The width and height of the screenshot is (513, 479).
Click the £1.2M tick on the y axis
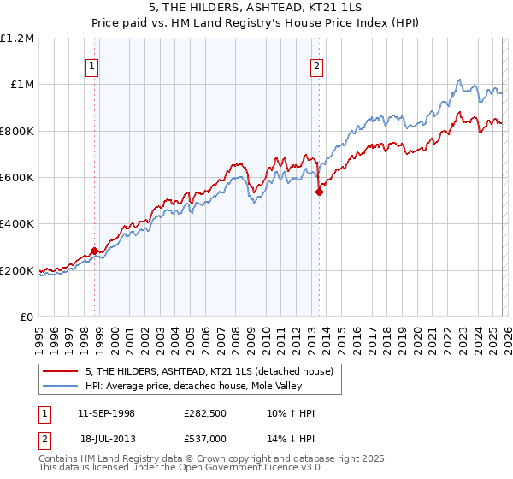[x=18, y=38]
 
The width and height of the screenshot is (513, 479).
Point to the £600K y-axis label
[x=17, y=177]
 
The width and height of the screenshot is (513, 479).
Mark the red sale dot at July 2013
[x=319, y=192]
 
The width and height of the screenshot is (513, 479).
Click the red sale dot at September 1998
[x=94, y=251]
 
